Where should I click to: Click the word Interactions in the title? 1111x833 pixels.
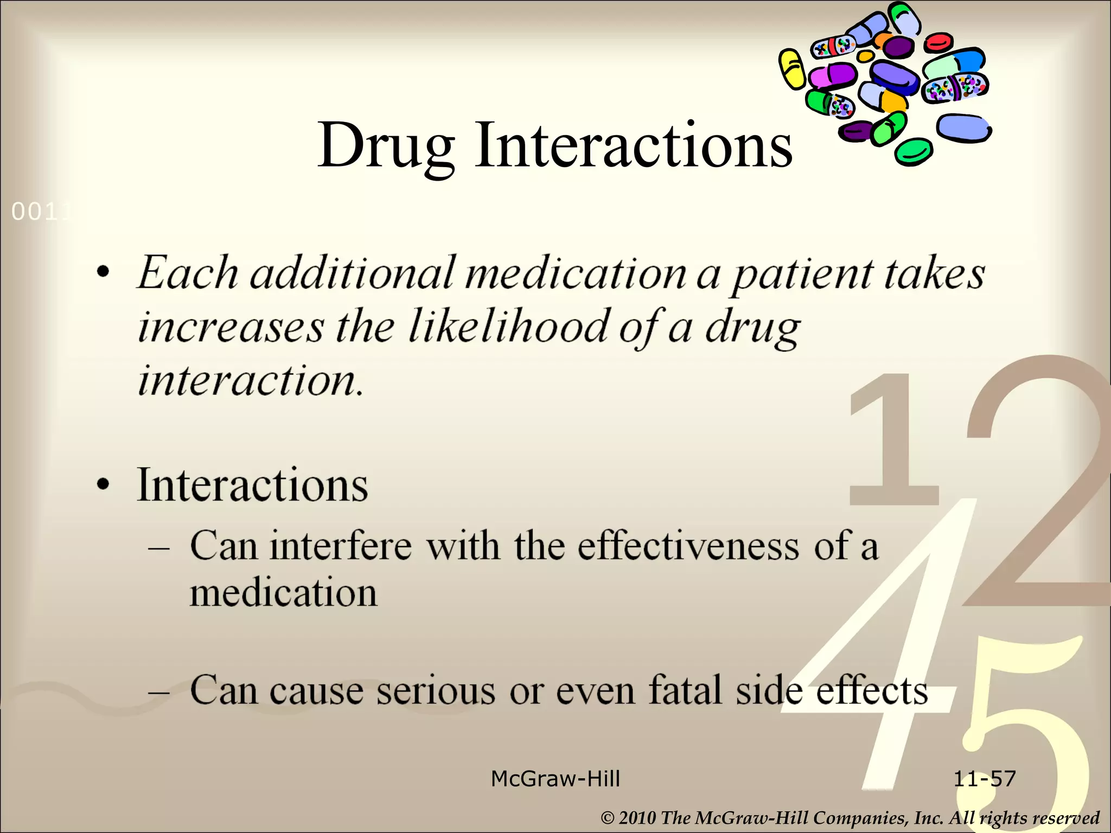click(633, 145)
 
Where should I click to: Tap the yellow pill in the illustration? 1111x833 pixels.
click(792, 69)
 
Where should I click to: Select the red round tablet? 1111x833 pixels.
click(938, 42)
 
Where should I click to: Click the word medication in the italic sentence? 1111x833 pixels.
click(576, 273)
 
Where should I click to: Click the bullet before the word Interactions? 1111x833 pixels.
click(104, 484)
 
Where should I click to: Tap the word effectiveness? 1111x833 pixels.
click(687, 546)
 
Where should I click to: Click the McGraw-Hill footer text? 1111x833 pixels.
click(555, 779)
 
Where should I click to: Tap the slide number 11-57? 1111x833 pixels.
click(984, 779)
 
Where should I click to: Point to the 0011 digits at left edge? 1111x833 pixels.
click(41, 212)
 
